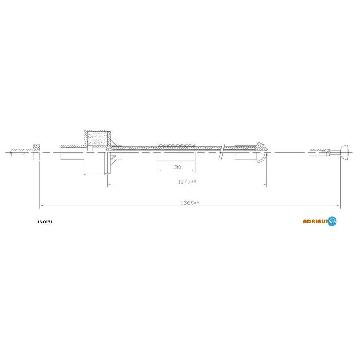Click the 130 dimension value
176,167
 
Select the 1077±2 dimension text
187,182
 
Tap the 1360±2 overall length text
190,203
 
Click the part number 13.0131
45,222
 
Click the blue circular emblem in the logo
332,221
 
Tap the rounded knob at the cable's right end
345,152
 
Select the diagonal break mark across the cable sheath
221,152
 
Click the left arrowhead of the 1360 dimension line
41,206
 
